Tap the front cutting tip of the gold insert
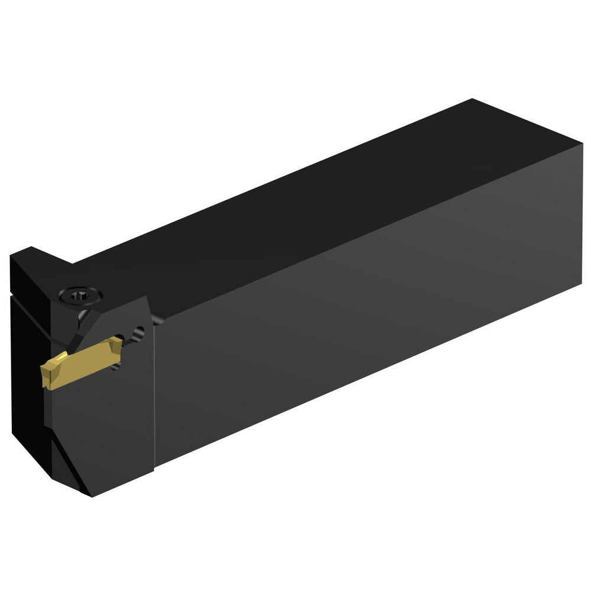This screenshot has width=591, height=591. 45,378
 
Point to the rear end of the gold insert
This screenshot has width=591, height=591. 120,343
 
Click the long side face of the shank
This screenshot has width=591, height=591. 366,307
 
